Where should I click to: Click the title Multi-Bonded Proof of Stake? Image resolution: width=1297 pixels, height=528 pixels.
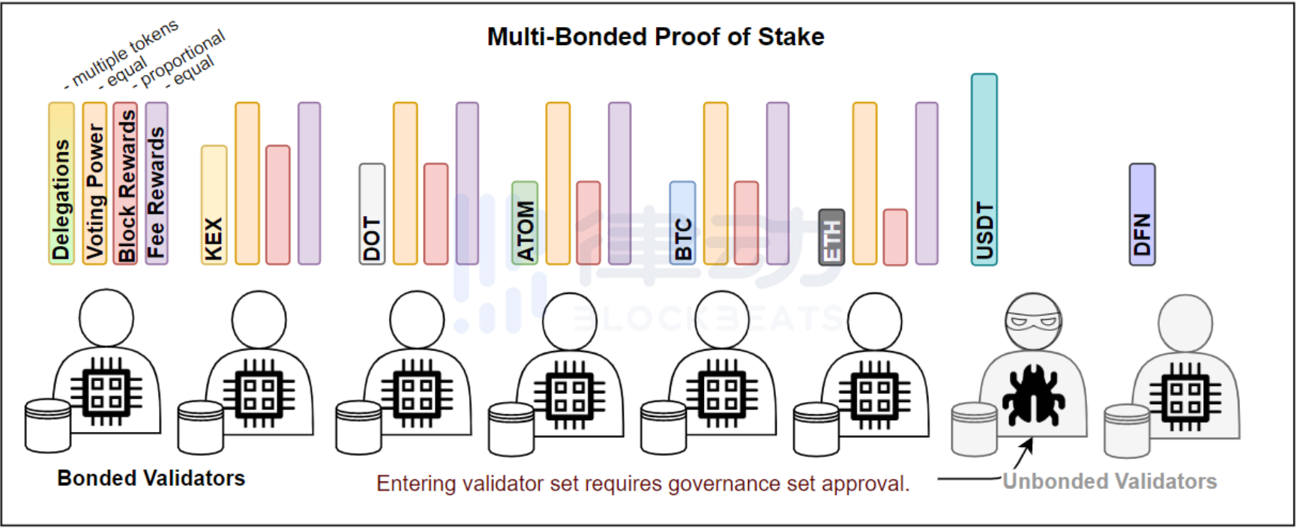655,37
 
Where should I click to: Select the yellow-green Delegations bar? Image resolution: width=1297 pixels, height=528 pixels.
61,183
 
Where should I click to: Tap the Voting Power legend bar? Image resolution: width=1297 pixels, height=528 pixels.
94,183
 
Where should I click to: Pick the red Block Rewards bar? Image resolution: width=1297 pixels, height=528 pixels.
125,183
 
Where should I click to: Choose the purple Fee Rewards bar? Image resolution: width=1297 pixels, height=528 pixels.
156,183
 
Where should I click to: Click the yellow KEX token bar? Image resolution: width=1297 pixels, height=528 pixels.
214,205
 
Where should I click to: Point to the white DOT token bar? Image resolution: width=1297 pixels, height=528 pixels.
372,214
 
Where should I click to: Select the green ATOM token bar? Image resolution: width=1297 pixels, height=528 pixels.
525,223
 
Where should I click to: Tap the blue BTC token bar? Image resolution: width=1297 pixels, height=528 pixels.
682,223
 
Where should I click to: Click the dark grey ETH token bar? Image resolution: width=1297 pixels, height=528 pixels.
831,237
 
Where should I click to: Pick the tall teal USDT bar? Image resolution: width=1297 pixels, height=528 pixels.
984,169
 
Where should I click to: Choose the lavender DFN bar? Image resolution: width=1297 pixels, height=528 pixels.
1142,214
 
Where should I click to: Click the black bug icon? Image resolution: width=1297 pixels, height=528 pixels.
1033,394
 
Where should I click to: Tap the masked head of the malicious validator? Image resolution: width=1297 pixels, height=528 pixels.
1033,322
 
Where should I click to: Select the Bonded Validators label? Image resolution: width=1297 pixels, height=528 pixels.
151,478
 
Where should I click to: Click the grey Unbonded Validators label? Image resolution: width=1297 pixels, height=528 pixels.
1110,481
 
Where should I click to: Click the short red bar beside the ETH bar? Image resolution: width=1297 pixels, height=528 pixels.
895,237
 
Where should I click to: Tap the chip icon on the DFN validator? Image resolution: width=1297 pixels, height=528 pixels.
1185,397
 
